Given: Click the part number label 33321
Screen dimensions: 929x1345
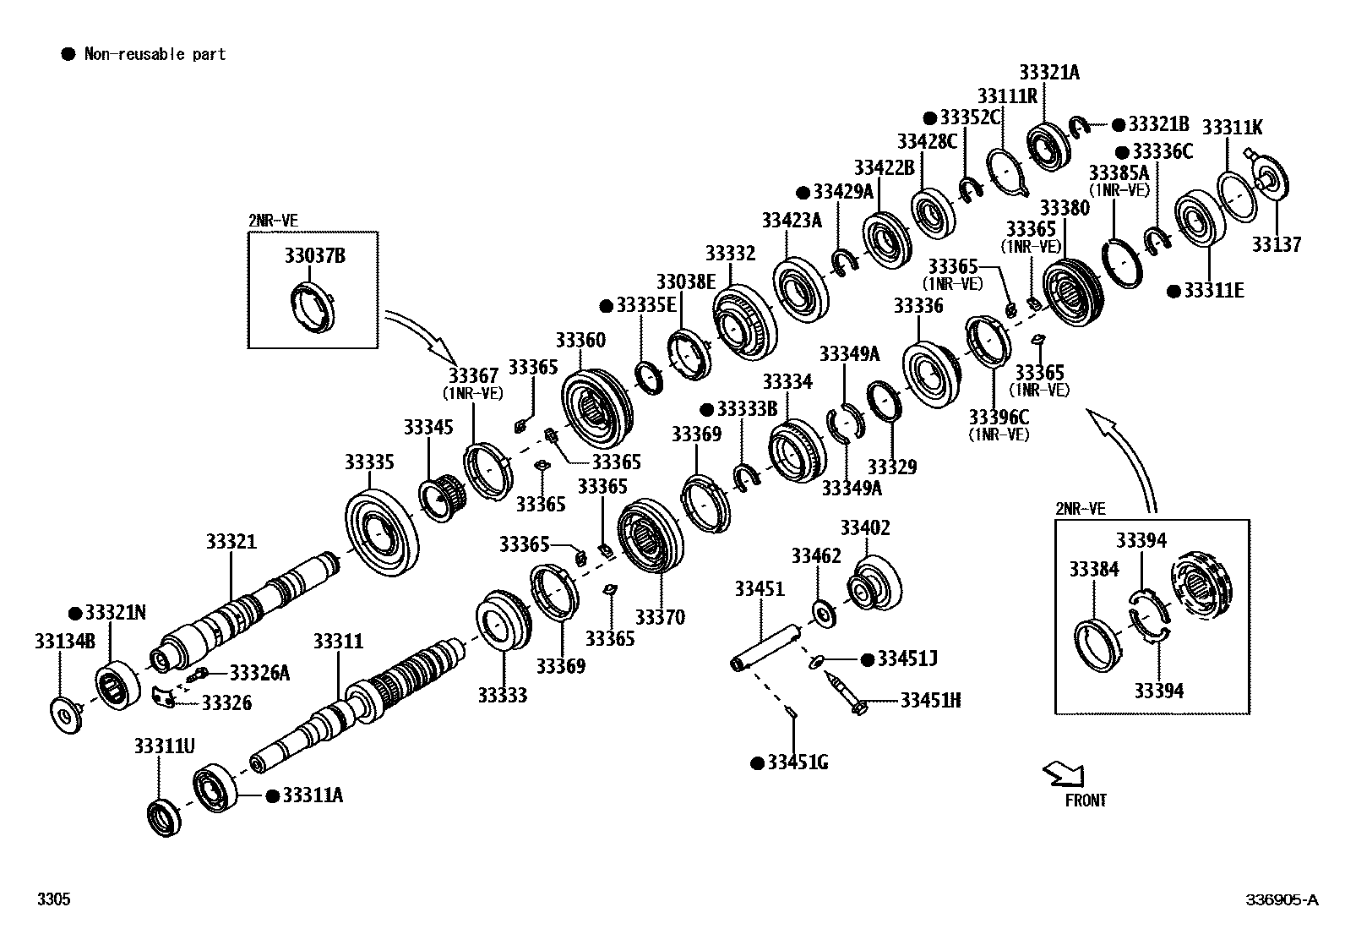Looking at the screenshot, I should coord(231,542).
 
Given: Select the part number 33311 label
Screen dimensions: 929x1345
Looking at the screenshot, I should coord(338,642).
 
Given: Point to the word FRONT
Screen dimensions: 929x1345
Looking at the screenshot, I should coord(1086,800).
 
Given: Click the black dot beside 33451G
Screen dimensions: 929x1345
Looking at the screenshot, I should coord(757,763).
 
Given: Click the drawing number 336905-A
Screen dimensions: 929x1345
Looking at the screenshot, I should coord(1281,899).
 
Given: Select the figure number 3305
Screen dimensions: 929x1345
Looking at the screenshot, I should coord(52,899).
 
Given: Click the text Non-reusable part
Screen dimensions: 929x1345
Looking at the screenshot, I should coord(155,54).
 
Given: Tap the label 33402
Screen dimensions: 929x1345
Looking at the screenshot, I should coord(864,528).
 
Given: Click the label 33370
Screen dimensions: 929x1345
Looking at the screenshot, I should coord(660,617).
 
